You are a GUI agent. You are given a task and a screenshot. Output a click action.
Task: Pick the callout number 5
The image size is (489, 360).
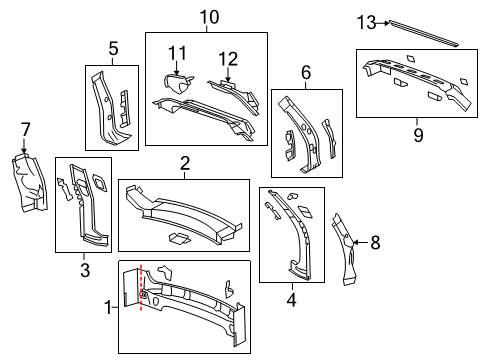[x=113, y=47]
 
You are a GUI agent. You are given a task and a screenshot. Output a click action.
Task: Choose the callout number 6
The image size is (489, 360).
[x=306, y=72]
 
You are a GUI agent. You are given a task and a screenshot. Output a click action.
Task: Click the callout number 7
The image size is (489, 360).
[x=25, y=128]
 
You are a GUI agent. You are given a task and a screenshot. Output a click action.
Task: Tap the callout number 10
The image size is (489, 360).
[x=207, y=17]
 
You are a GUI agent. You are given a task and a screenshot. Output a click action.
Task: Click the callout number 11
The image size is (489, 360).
[x=177, y=52]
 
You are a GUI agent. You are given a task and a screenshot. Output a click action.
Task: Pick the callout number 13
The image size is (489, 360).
[x=366, y=21]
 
